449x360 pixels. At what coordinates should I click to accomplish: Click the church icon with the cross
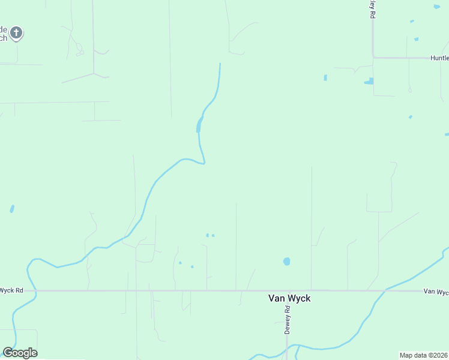(x=17, y=32)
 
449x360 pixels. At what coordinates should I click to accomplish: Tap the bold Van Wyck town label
(x=289, y=298)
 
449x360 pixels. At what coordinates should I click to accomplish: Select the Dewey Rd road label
(x=287, y=320)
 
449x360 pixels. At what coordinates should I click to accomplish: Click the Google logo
(x=20, y=352)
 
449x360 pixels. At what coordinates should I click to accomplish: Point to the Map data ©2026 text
(x=424, y=355)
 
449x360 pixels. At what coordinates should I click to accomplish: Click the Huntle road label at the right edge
(x=439, y=58)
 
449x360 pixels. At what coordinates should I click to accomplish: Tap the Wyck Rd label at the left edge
(x=11, y=290)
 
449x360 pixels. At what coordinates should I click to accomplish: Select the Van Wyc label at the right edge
(x=436, y=292)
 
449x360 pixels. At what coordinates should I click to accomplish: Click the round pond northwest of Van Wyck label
(x=286, y=262)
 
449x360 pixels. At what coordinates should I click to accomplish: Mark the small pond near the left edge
(x=12, y=209)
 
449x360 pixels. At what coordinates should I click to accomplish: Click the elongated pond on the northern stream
(x=198, y=125)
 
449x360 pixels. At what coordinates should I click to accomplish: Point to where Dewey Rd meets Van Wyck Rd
(x=287, y=291)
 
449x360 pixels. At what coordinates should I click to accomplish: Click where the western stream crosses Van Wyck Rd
(x=35, y=291)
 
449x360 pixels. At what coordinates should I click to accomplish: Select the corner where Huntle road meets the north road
(x=373, y=58)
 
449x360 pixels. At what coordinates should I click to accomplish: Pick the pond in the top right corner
(x=436, y=7)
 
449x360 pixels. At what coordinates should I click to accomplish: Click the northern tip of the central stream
(x=220, y=64)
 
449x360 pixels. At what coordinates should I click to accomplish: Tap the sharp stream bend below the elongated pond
(x=205, y=162)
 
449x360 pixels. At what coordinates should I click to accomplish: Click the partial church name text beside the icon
(x=4, y=34)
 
